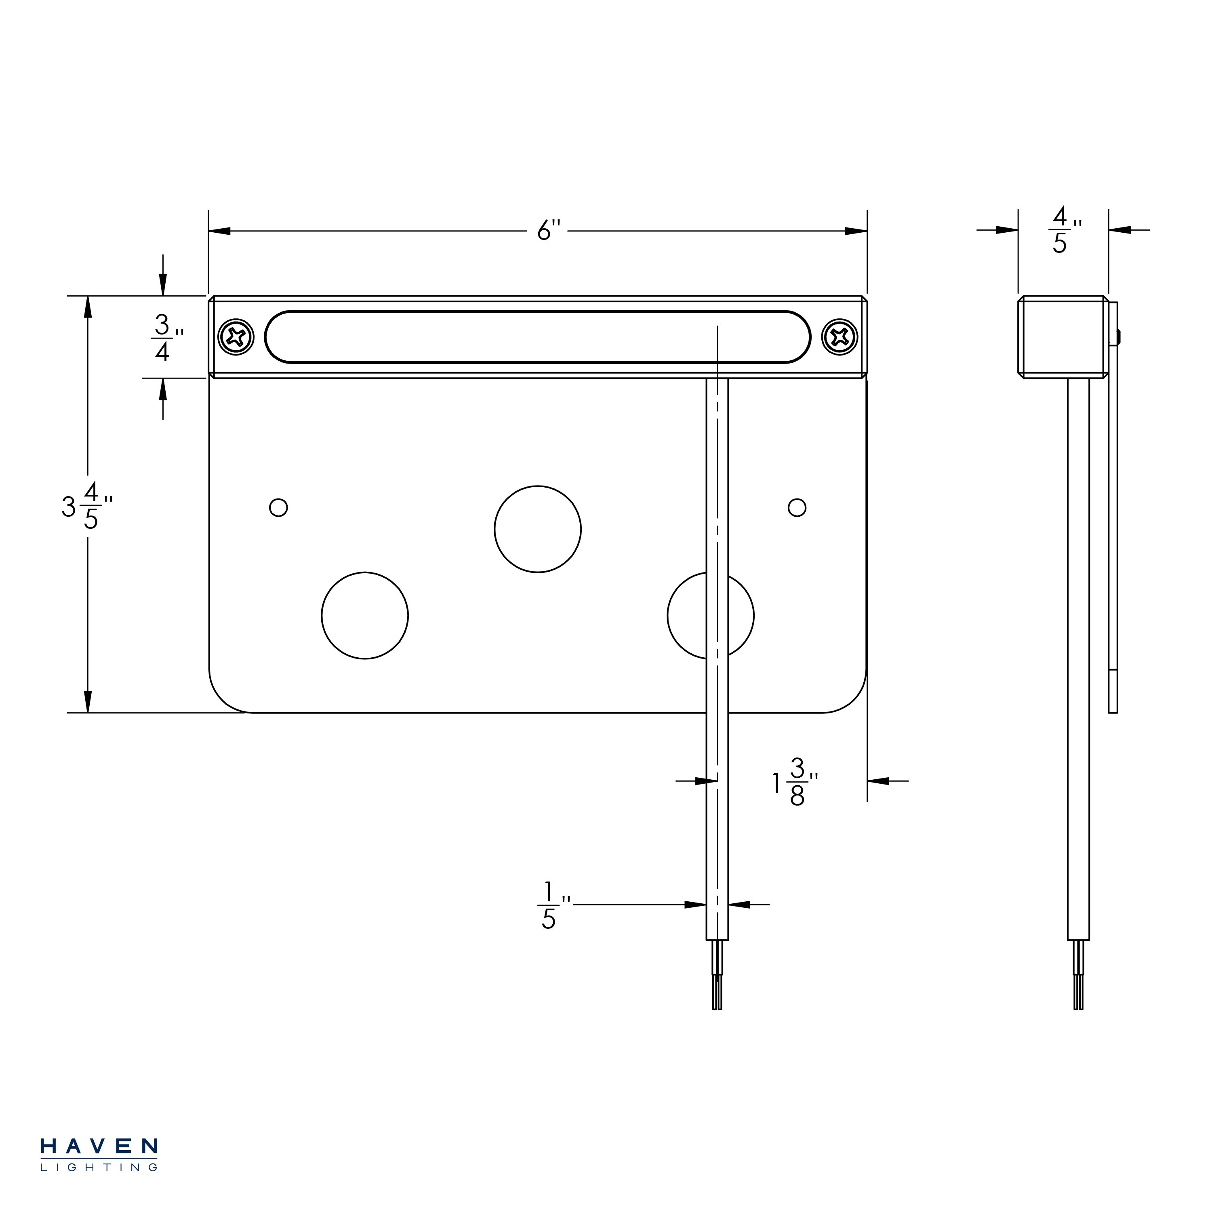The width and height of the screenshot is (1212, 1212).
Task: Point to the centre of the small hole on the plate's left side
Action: [x=278, y=507]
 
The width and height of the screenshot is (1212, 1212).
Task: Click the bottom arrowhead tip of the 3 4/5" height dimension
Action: [x=88, y=713]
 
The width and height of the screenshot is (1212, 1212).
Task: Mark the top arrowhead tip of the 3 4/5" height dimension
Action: [x=88, y=296]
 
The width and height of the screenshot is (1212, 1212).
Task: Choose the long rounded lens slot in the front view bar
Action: [x=538, y=337]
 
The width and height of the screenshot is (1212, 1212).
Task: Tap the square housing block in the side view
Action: [x=1063, y=337]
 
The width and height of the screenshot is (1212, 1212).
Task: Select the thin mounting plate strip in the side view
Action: [x=1113, y=507]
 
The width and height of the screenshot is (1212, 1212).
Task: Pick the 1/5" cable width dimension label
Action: [x=554, y=905]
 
